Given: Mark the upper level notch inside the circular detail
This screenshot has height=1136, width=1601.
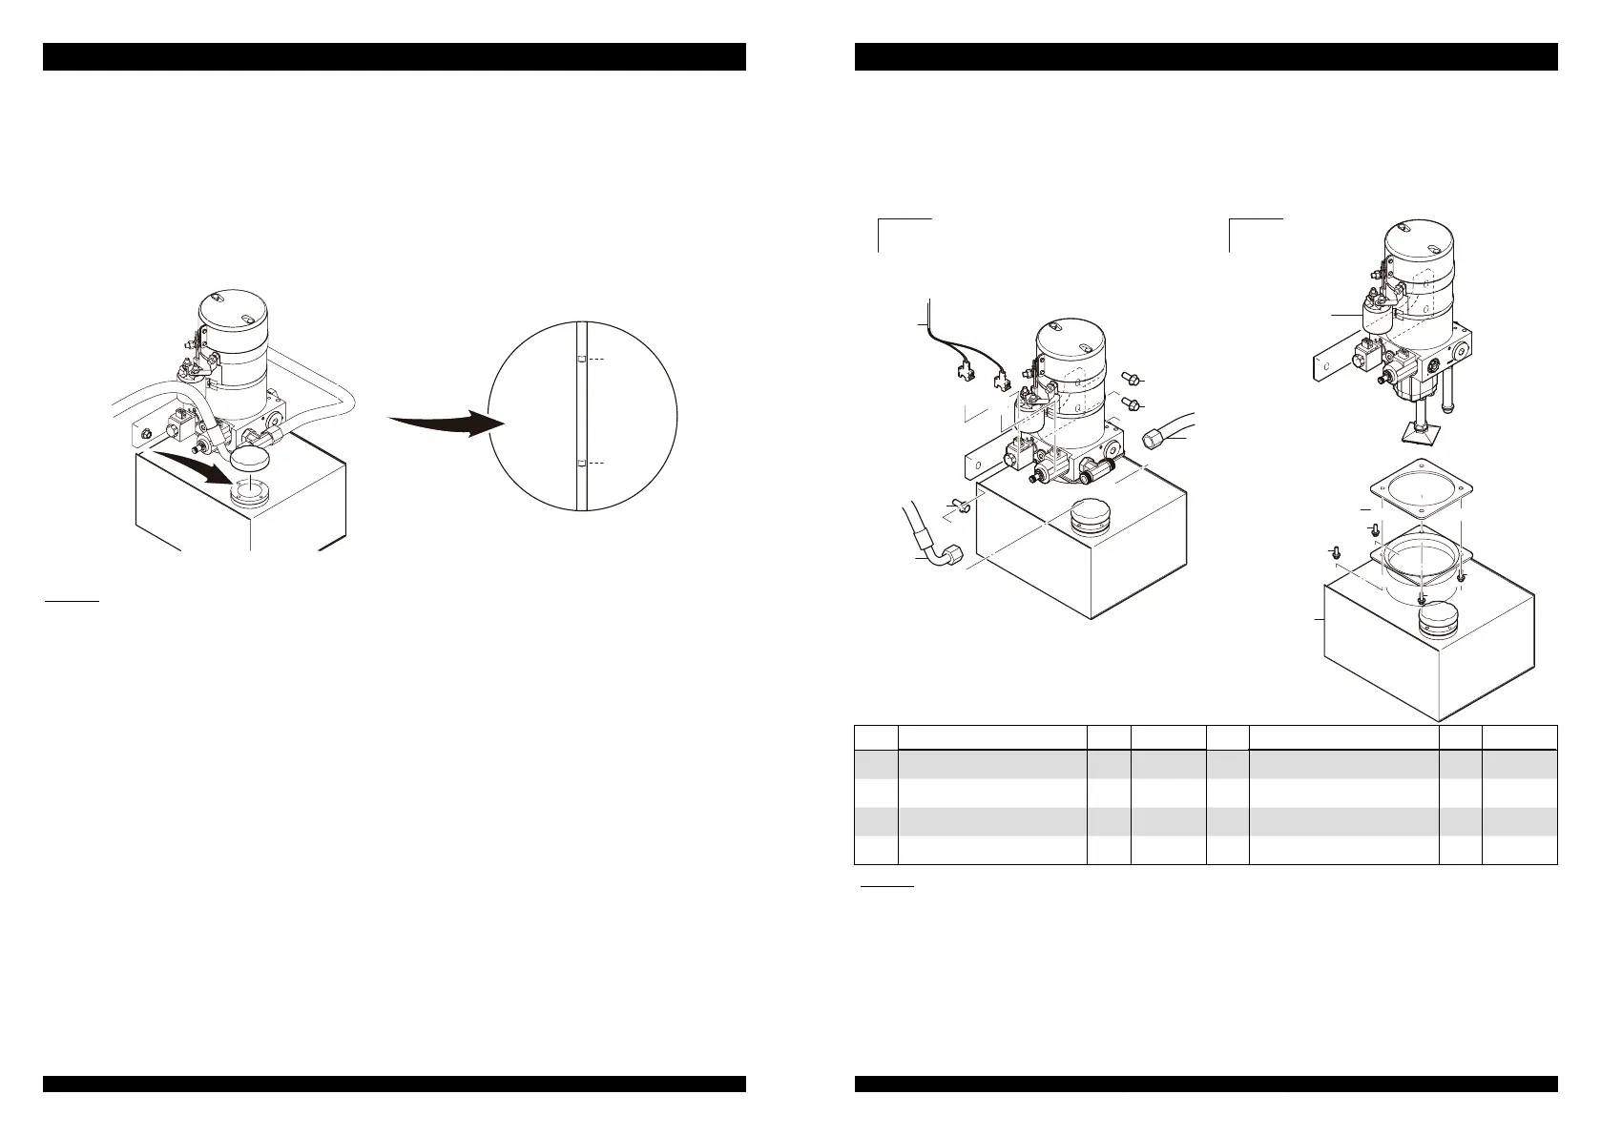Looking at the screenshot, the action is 581,360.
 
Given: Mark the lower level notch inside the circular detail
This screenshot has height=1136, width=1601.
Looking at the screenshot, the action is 581,464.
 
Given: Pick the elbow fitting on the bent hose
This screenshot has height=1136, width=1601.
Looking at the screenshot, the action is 949,554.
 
